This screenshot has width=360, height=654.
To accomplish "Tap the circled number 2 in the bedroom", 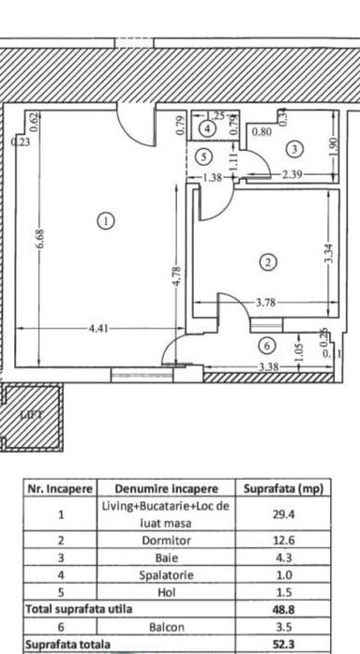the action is [x=269, y=262].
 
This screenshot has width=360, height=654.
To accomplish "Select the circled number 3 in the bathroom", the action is [x=293, y=148].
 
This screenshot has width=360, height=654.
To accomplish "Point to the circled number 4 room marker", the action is [x=206, y=128].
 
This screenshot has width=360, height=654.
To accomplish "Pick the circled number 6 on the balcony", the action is [x=265, y=345].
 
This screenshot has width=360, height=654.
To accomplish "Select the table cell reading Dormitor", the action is [x=166, y=540].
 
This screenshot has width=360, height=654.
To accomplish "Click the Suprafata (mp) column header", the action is [x=283, y=488].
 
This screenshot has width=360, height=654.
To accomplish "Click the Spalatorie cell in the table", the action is [x=166, y=574].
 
